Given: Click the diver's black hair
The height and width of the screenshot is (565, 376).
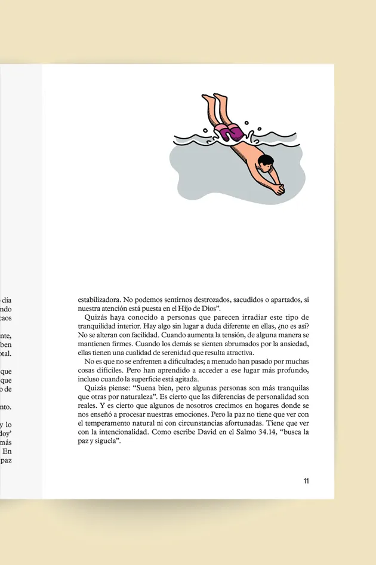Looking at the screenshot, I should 267,160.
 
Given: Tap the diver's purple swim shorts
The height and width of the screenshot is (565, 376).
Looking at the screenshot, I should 229,132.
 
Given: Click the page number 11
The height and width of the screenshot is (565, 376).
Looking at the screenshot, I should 306,481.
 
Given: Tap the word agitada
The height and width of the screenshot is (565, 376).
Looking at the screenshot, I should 181,378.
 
